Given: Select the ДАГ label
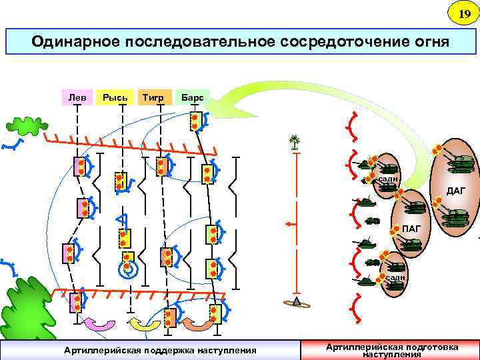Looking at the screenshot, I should point(456,191).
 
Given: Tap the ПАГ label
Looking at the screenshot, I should point(411,230).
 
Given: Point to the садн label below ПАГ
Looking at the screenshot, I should point(395,277).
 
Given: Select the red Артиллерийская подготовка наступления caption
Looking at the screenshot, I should point(391,350).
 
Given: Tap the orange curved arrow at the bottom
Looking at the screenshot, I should point(197,325).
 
